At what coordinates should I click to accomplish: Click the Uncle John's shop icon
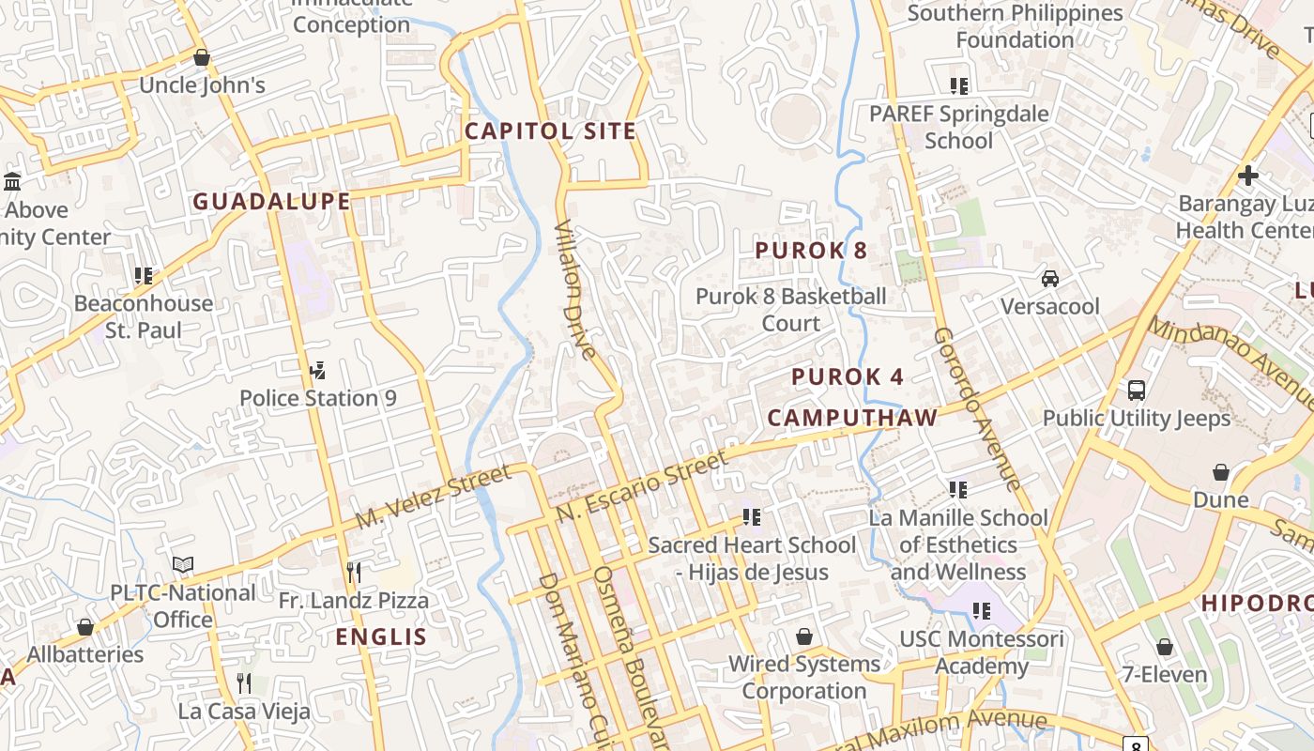(x=201, y=58)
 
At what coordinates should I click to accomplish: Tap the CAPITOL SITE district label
(x=550, y=131)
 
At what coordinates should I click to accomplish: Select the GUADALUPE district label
(x=271, y=201)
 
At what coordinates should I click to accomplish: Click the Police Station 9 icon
(x=317, y=371)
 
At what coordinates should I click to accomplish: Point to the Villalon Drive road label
(x=575, y=290)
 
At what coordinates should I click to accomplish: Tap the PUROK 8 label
(x=811, y=251)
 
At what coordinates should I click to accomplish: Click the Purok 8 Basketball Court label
(x=790, y=310)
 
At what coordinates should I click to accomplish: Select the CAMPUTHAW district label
(x=852, y=418)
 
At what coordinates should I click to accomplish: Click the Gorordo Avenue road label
(x=977, y=408)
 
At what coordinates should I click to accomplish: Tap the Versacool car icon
(x=1049, y=279)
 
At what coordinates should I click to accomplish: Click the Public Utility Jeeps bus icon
(x=1136, y=390)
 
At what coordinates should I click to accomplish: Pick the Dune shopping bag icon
(x=1220, y=471)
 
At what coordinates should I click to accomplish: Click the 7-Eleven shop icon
(x=1164, y=647)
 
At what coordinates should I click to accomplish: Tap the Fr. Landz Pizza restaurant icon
(x=353, y=573)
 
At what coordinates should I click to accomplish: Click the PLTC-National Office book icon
(x=183, y=564)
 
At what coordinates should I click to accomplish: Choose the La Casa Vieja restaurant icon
(x=244, y=682)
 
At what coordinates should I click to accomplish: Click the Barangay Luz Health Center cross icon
(x=1247, y=176)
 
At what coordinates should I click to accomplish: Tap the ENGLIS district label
(x=381, y=637)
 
